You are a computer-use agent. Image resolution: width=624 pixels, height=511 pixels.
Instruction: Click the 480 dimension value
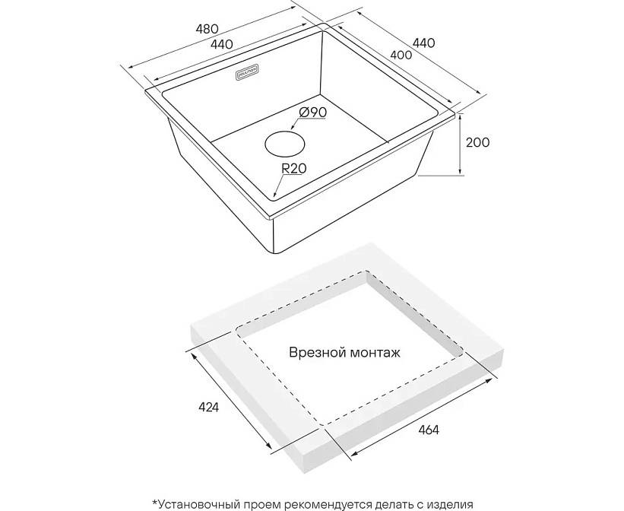207,30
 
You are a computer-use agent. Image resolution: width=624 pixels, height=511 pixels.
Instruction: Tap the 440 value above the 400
423,43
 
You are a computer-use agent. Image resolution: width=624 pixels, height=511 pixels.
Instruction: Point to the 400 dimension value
400,55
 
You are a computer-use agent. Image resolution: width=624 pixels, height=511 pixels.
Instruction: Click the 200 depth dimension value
478,142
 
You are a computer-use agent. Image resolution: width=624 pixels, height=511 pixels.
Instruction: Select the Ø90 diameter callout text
312,112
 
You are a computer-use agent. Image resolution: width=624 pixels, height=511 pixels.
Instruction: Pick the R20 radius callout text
293,170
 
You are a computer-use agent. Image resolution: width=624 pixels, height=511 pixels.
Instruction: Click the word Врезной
315,353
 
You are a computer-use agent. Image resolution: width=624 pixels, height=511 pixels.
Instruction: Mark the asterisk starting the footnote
154,502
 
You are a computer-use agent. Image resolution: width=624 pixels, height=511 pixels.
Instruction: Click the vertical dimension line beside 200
461,144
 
